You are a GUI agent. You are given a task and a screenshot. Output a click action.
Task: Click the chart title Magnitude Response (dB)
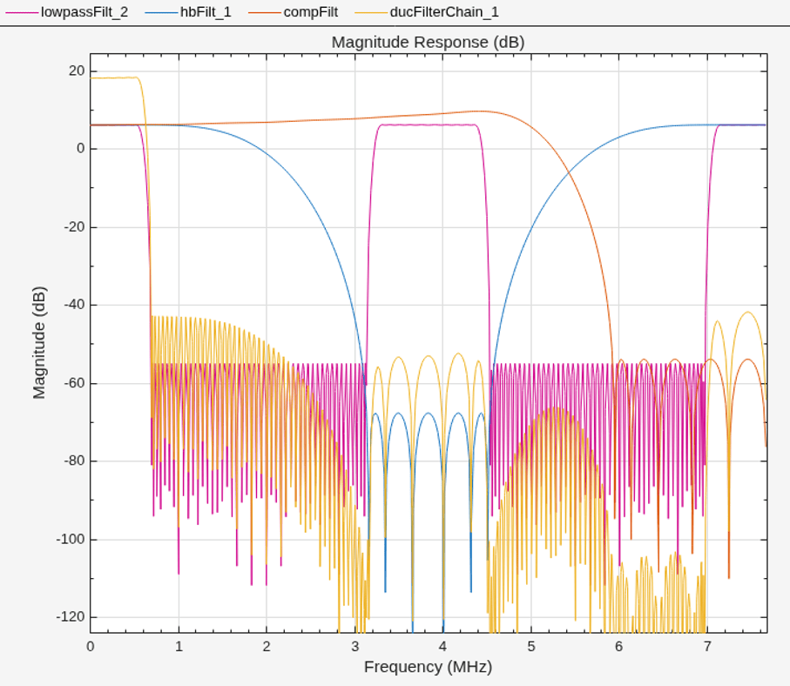point(429,42)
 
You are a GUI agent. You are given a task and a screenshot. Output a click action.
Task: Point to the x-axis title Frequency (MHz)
point(429,667)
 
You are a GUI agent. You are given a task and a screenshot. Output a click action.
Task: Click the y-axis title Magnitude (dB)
point(39,343)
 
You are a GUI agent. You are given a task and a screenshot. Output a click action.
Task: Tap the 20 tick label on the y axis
point(78,71)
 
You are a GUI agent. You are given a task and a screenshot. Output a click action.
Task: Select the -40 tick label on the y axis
point(74,305)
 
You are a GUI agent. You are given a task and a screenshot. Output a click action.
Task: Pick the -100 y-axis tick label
point(71,540)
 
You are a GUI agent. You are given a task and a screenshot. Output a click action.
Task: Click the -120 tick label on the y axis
point(71,617)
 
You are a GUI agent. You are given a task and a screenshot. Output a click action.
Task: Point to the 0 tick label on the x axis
point(91,647)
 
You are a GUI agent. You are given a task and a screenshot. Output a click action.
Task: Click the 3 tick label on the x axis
point(355,647)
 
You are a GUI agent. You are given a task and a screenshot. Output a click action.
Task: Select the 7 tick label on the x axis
point(707,647)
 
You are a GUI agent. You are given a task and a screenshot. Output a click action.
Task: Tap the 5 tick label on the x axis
point(531,647)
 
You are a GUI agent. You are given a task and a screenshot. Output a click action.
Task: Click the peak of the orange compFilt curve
point(481,111)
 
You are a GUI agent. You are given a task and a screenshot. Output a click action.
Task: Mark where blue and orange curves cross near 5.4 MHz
point(569,172)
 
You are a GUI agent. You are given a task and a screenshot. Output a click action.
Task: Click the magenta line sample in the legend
point(22,12)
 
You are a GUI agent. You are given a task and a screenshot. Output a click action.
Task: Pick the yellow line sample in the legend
point(371,12)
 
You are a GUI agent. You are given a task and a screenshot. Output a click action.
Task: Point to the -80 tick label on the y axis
point(74,461)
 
